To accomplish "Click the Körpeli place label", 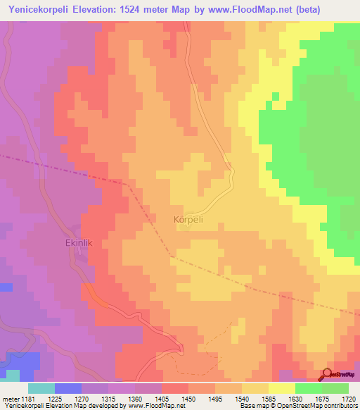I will point(188,220).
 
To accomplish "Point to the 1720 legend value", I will point(348,399).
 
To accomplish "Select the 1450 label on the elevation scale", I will point(188,399).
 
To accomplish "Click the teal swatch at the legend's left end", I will point(41,388).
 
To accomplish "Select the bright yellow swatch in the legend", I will point(281,388).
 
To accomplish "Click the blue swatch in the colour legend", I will point(67,388).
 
